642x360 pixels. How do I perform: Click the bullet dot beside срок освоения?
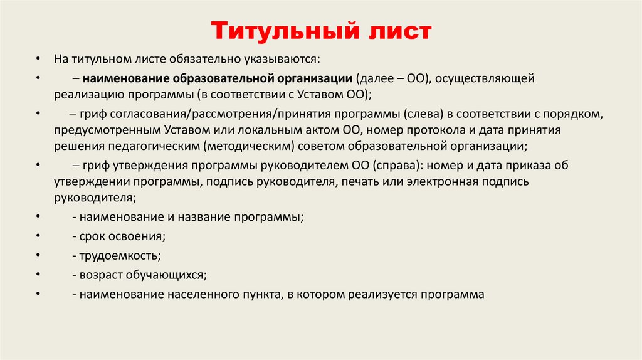(38, 236)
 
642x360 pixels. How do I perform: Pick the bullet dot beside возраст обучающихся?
(38, 274)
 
